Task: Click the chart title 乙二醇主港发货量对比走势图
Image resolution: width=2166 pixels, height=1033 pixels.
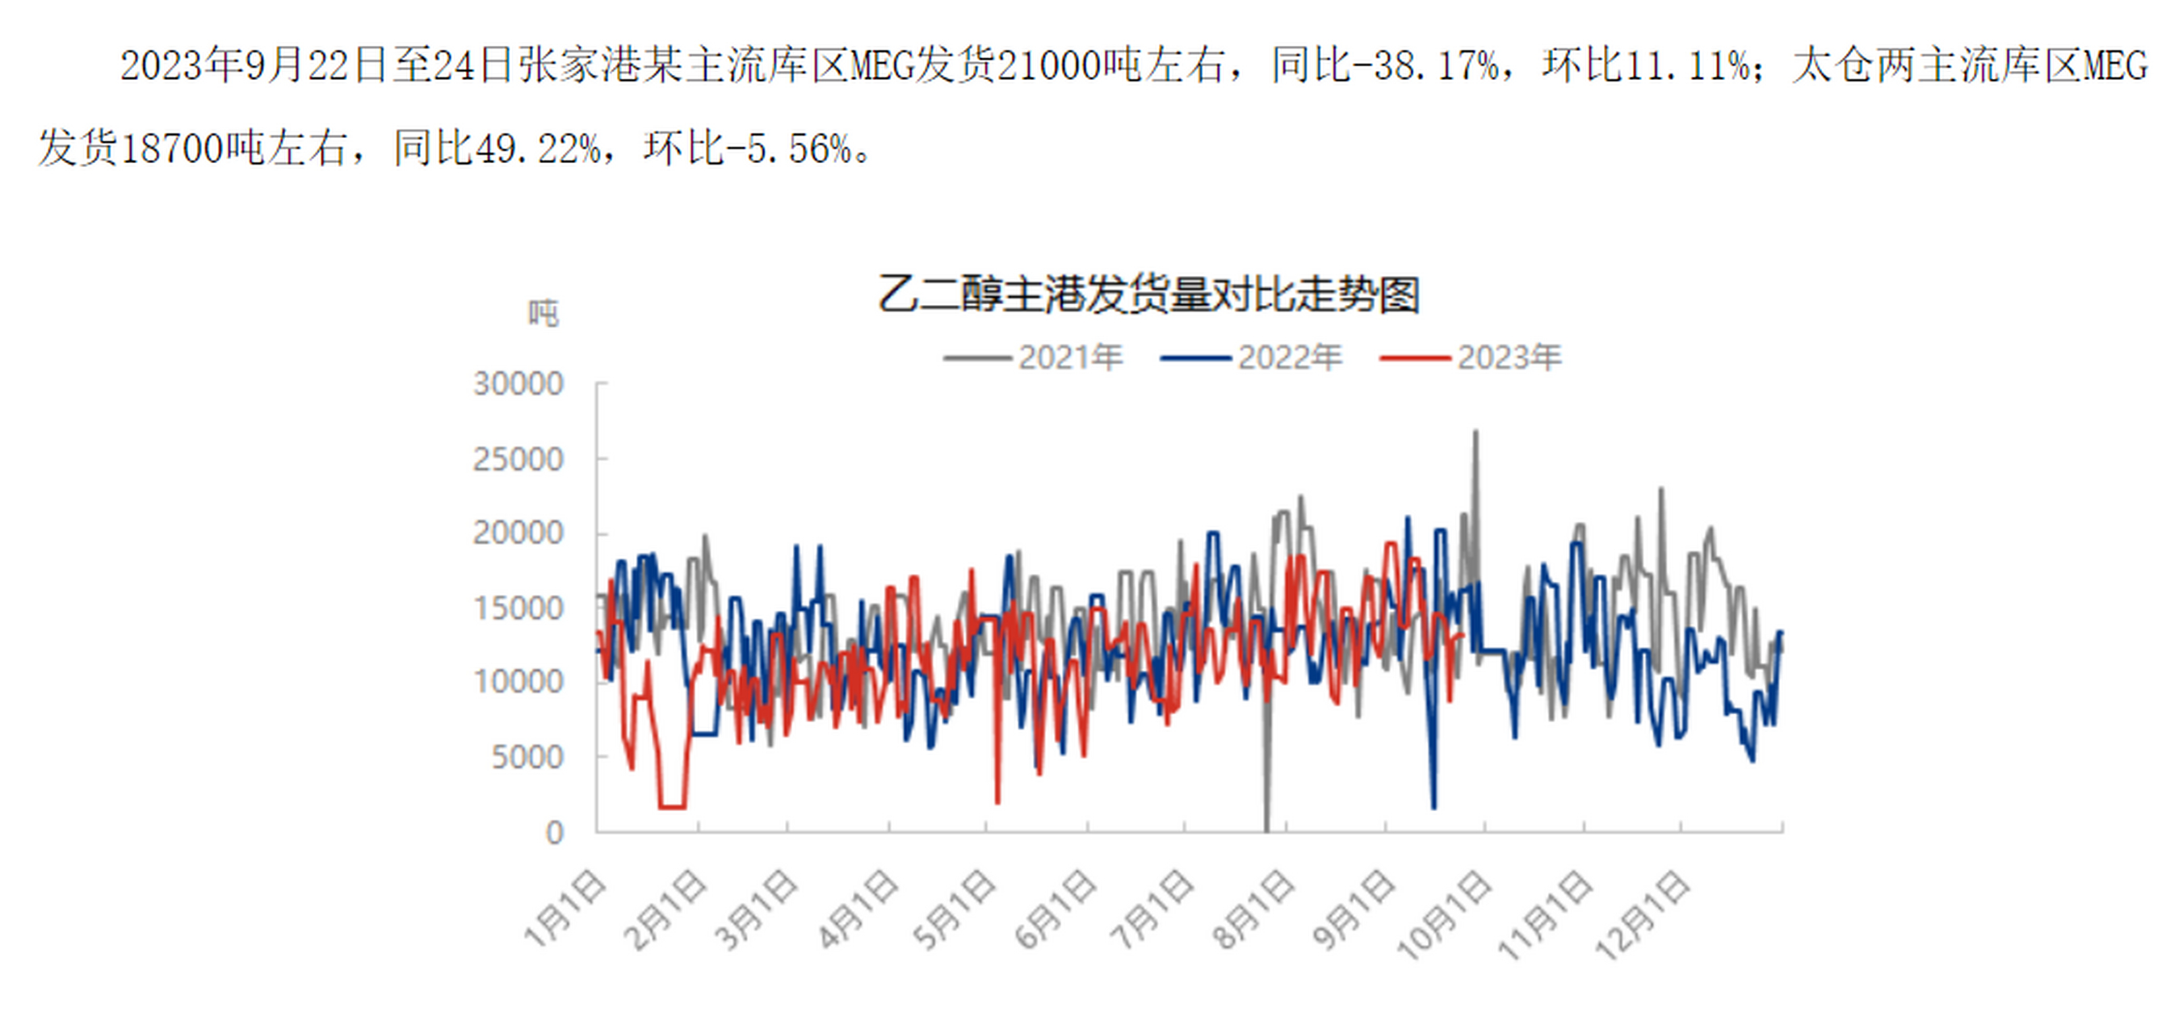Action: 1148,295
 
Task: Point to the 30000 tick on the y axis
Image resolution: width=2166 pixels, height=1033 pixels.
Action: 518,384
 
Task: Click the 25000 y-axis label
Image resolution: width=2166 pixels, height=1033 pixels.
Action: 518,460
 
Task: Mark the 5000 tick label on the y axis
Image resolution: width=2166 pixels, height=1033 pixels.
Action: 527,757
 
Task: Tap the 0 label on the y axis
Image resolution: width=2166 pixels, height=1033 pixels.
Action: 554,832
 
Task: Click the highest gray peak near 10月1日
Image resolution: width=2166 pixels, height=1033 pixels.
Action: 1475,433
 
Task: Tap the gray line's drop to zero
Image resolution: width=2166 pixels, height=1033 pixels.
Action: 1266,828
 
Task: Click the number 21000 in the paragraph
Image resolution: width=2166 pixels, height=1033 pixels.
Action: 1048,66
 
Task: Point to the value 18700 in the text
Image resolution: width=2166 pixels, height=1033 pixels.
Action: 173,149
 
